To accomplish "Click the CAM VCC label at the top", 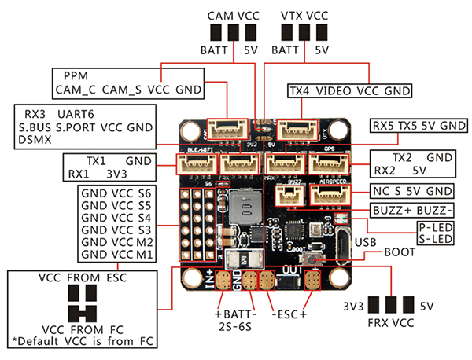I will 232,15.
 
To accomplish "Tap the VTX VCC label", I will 304,15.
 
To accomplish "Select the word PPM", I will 76,75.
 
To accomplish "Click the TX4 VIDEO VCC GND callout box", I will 350,91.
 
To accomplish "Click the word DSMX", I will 34,139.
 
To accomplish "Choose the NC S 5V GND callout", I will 412,191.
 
